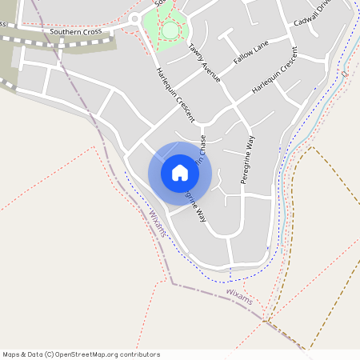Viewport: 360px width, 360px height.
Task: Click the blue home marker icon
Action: [180, 172]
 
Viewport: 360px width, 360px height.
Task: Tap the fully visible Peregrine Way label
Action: [247, 160]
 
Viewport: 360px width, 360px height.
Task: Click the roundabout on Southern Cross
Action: [134, 19]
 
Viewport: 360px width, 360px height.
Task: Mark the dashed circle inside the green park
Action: [170, 30]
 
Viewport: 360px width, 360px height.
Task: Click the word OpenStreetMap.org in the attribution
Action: [90, 354]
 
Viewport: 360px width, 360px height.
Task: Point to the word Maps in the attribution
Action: [11, 354]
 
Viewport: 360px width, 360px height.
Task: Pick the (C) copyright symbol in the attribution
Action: [50, 354]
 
